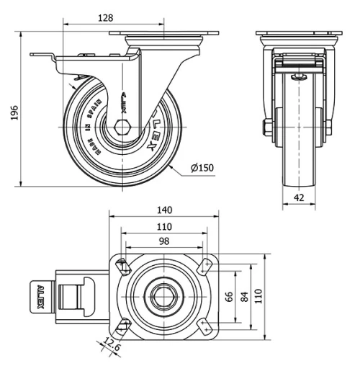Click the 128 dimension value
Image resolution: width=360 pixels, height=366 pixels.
tap(106, 17)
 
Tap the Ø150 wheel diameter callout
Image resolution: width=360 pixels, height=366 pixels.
tap(202, 168)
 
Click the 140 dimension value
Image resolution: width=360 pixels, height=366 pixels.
tap(164, 210)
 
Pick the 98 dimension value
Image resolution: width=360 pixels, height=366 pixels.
tap(164, 241)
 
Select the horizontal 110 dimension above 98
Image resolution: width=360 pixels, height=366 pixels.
tap(164, 226)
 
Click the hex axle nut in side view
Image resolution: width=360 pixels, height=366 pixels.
tap(120, 128)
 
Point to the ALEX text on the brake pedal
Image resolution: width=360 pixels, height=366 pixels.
tap(40, 296)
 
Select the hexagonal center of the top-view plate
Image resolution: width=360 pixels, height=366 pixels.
tap(164, 295)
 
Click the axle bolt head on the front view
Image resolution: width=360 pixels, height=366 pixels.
tap(267, 128)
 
